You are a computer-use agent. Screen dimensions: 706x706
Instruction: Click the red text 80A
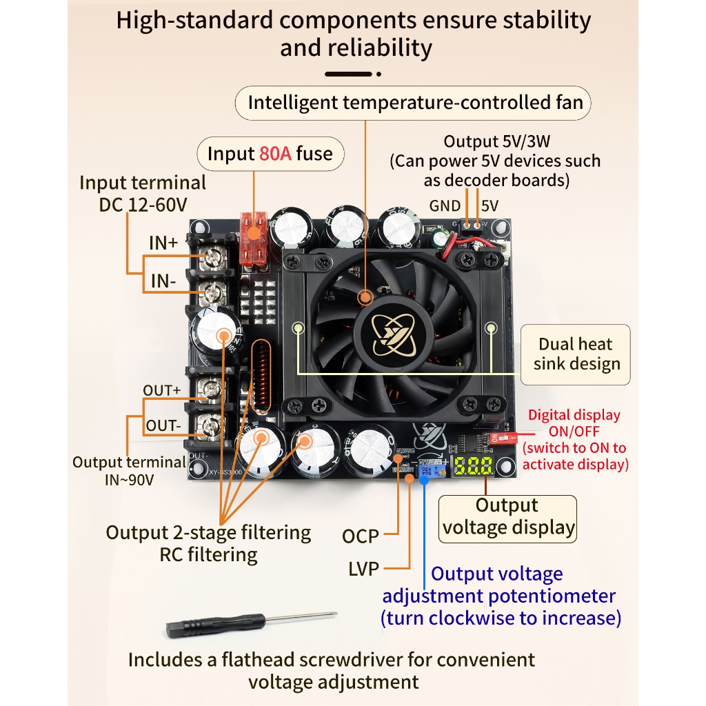pos(275,154)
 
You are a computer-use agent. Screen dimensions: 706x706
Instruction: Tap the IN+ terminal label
pos(163,243)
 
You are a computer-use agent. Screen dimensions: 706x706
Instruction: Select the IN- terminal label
pos(163,281)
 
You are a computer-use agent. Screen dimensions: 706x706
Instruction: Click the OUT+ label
pos(162,390)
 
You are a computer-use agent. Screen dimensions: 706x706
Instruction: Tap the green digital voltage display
pos(472,466)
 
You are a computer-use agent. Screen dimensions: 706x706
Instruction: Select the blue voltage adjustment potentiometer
pos(424,471)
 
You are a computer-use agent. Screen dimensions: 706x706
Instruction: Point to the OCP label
pos(361,536)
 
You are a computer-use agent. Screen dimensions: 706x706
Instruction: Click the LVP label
pos(363,569)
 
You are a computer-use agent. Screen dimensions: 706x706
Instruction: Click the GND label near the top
pos(445,205)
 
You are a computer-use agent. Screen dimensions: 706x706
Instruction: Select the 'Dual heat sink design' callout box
pos(576,354)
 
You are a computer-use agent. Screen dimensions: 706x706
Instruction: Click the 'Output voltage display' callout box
pos(508,517)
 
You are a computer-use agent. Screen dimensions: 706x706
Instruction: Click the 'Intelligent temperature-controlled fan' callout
pos(415,103)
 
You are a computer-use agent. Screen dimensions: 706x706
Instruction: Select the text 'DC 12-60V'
pos(143,204)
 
